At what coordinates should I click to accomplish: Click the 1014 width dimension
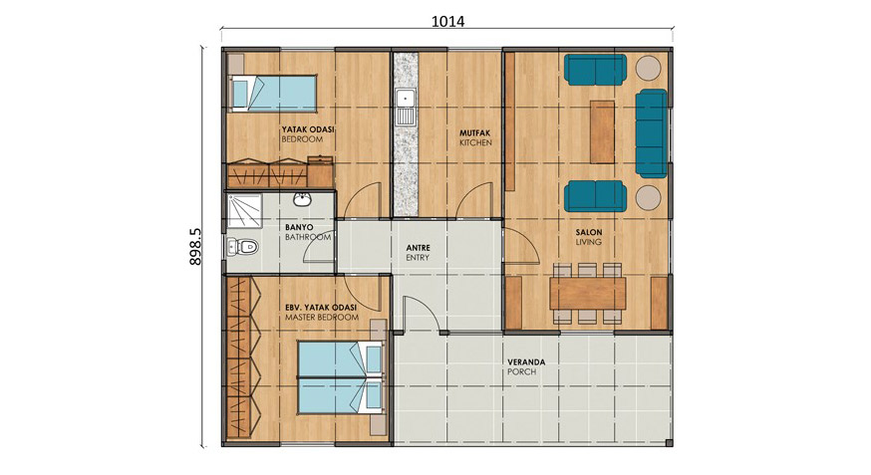[x=447, y=21]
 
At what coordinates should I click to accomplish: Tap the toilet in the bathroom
[x=243, y=246]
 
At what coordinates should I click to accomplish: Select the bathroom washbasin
[x=302, y=200]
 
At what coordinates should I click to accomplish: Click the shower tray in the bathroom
[x=244, y=211]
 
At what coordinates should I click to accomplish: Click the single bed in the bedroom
[x=272, y=93]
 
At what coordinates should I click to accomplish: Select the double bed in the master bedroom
[x=341, y=377]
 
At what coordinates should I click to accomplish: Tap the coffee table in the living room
[x=602, y=131]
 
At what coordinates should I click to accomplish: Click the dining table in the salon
[x=588, y=294]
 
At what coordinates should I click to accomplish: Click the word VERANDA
[x=526, y=361]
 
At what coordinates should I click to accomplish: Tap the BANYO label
[x=299, y=227]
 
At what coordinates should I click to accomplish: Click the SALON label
[x=589, y=232]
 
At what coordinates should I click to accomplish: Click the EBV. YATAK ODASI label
[x=321, y=308]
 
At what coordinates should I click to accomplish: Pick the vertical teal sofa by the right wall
[x=651, y=133]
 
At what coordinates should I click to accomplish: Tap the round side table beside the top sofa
[x=648, y=69]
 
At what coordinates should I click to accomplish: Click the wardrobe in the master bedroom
[x=243, y=357]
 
